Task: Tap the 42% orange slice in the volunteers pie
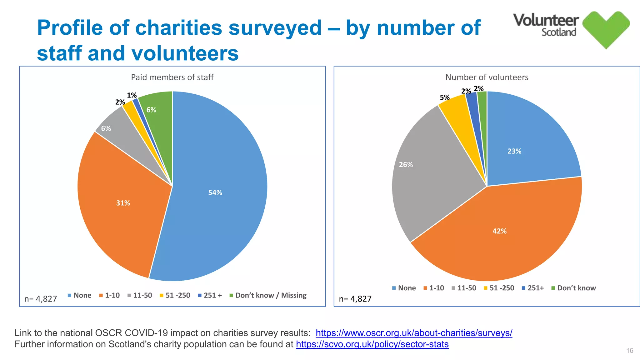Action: tap(499, 231)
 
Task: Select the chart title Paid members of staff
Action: tap(172, 77)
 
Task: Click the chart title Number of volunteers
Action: tap(487, 77)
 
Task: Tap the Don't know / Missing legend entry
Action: tap(270, 295)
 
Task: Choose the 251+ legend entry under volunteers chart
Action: tap(535, 288)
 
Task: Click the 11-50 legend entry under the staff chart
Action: tap(142, 295)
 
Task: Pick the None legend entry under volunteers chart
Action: tap(406, 288)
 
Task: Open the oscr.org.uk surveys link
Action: tap(414, 333)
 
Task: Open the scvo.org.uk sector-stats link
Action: tap(372, 344)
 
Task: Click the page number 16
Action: tap(629, 351)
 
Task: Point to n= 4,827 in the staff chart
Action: tap(41, 299)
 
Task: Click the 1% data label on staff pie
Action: tap(132, 95)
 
